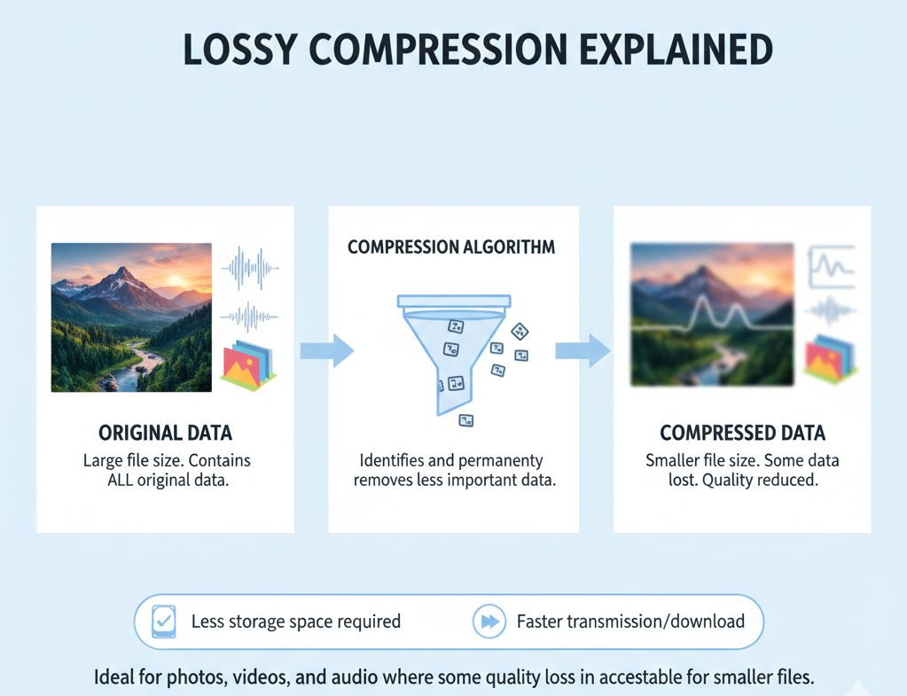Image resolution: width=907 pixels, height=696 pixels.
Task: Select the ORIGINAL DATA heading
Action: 165,434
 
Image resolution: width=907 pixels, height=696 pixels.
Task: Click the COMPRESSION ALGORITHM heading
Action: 451,247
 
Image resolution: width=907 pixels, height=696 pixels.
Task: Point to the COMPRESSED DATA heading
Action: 742,434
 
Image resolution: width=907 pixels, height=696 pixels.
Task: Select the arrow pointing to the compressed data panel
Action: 583,351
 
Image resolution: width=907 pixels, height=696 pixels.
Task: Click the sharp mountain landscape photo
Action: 131,317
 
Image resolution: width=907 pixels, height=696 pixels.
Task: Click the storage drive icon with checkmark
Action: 164,622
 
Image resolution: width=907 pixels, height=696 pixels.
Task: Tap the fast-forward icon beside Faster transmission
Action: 489,622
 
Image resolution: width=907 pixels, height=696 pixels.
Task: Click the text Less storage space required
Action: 296,622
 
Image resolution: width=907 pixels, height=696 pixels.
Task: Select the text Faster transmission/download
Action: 630,622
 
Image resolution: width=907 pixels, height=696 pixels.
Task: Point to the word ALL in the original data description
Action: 123,481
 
